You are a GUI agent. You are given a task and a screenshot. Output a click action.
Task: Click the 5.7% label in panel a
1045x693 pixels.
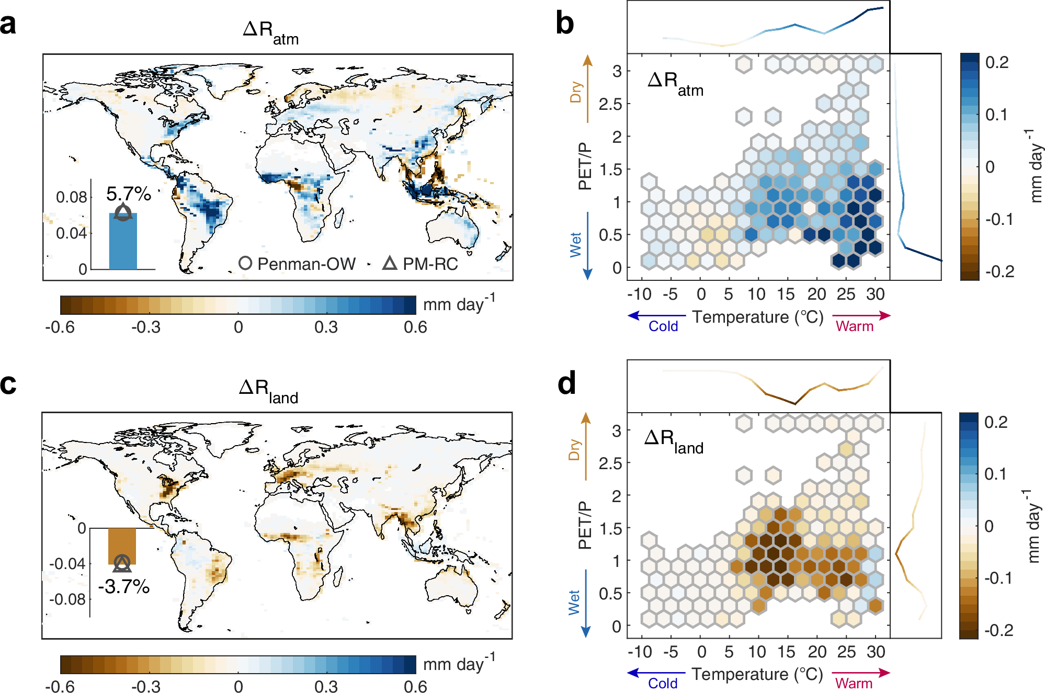coord(128,194)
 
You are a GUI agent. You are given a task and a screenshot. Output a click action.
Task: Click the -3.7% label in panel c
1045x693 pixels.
coord(124,587)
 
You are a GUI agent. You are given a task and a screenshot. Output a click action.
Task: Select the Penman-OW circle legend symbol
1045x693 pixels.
coord(245,263)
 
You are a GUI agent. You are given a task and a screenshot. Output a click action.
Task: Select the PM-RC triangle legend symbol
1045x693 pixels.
coord(390,263)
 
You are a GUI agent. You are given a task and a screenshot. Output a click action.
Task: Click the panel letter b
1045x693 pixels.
coord(564,24)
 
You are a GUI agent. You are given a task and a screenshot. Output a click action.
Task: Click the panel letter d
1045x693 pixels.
coord(566,383)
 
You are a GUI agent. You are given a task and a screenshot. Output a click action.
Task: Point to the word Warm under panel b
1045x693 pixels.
coord(855,326)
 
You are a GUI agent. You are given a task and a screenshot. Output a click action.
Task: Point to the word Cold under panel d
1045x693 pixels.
coord(663,684)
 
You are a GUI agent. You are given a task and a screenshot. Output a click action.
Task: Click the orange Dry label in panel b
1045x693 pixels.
coord(576,92)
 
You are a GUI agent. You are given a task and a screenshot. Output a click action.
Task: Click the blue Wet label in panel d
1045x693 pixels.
coord(574,603)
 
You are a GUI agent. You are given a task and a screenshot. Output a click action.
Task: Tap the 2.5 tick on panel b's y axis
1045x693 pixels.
coord(610,104)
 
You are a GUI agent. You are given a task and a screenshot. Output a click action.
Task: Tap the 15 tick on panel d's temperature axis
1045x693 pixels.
coord(786,652)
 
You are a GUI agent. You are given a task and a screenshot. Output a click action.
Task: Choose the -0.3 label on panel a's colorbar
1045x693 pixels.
coord(146,327)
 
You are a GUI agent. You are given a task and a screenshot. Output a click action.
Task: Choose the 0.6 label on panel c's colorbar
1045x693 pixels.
coord(415,686)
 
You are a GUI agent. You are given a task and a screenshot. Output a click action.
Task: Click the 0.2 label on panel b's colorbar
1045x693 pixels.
coord(997,62)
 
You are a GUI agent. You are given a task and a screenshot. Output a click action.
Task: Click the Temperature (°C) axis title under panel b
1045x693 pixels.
coord(758,317)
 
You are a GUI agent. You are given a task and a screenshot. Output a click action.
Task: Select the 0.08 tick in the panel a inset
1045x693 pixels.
coord(72,197)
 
